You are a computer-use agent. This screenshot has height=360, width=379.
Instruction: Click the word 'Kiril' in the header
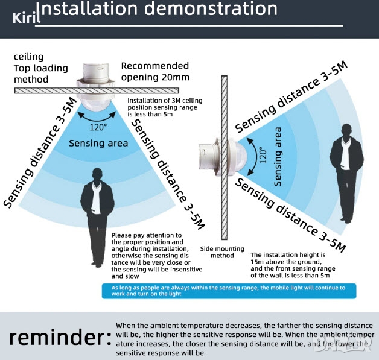tap(27, 17)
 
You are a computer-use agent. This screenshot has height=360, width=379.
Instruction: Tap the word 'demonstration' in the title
tap(211, 8)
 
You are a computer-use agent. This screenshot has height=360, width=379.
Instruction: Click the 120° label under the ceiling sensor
tap(98, 127)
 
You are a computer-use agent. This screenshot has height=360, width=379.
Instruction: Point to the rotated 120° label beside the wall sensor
tap(263, 155)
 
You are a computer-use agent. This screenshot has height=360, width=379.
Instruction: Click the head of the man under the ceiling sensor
tap(97, 175)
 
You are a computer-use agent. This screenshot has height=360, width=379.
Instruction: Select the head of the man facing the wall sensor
tap(347, 130)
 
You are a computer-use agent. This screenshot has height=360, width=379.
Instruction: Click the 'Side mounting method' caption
tap(222, 252)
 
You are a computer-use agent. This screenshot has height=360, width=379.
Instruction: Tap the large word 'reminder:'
tap(60, 337)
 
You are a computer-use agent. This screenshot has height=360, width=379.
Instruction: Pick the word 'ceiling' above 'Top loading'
tap(29, 57)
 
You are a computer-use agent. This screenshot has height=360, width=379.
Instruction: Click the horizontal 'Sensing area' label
tap(98, 143)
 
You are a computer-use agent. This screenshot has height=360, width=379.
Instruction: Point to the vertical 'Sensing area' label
tap(278, 156)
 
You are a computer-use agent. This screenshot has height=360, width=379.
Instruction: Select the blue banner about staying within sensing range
tap(229, 291)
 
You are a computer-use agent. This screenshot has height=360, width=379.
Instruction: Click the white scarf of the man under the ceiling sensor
tap(97, 198)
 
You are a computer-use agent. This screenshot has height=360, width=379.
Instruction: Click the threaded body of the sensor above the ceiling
tap(96, 72)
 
